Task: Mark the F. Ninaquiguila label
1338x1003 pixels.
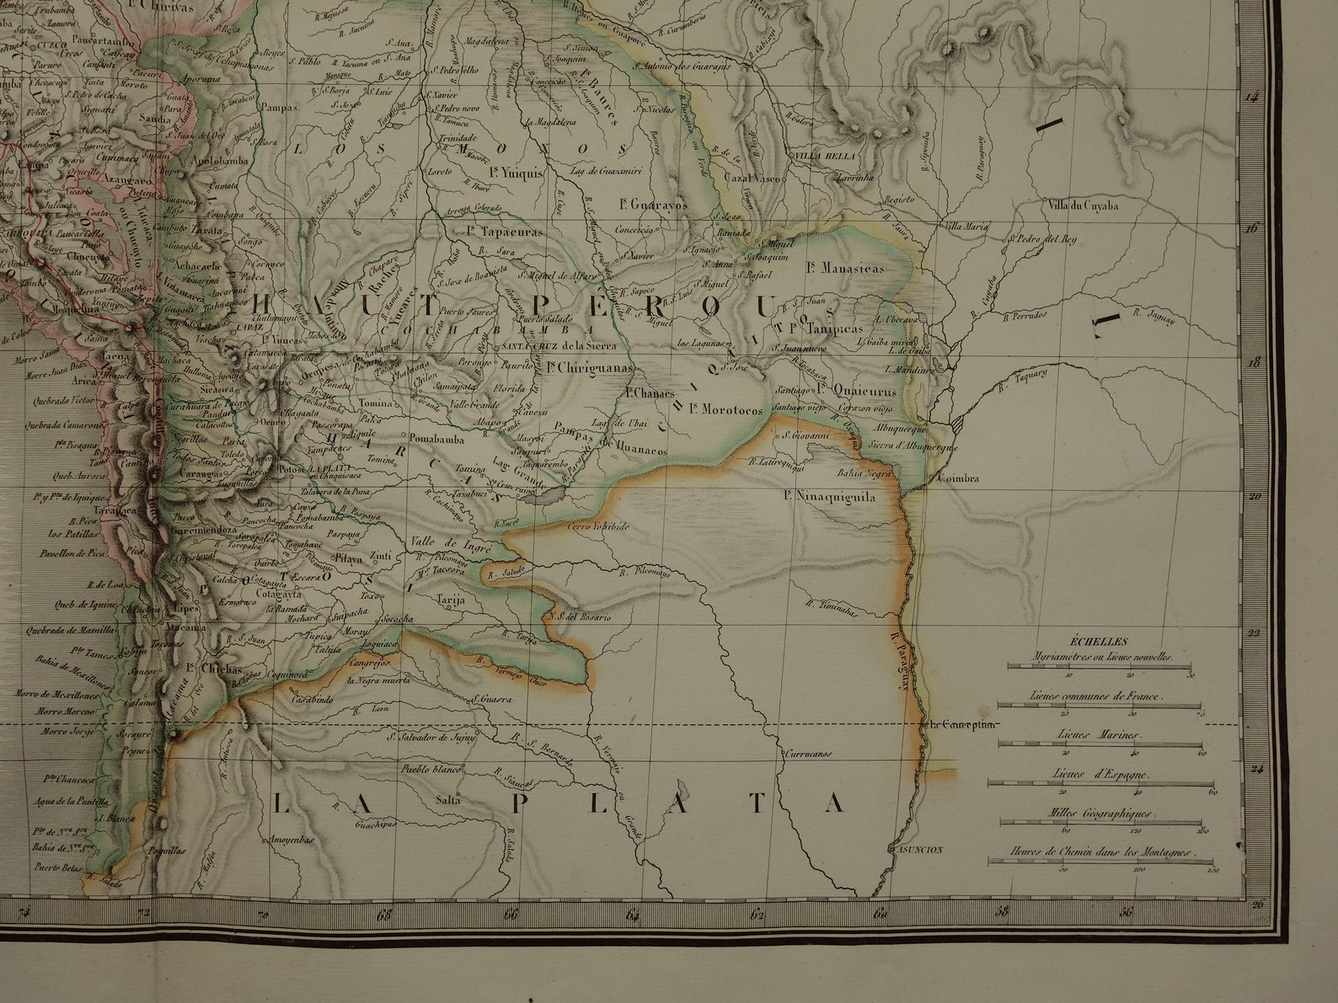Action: pos(830,497)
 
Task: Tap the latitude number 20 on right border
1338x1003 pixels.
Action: pos(1253,498)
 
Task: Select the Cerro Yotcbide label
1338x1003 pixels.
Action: pos(598,526)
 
